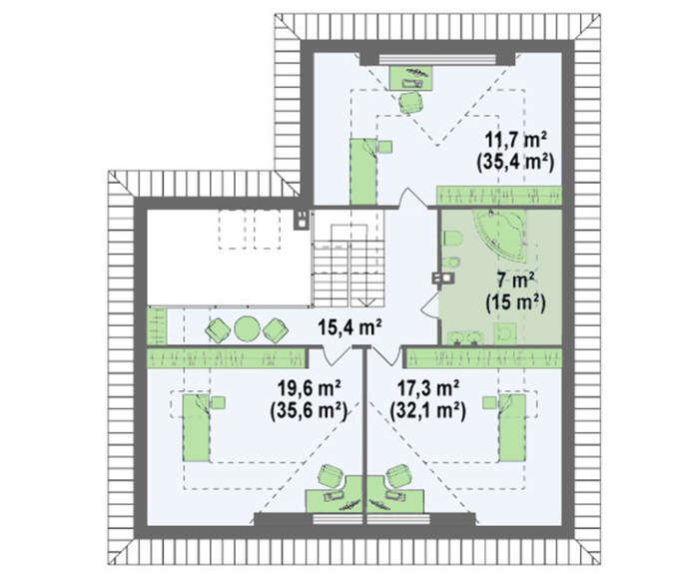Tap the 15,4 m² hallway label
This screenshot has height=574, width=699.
pos(349,327)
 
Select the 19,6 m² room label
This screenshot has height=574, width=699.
pos(309,388)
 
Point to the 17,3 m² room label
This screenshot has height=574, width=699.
pos(428,388)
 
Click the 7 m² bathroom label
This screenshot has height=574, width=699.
pos(515,282)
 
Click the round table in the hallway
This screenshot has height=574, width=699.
pos(247,328)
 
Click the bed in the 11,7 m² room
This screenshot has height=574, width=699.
pos(363,172)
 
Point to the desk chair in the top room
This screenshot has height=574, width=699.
pos(410,103)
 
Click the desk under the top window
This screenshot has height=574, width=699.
pos(411,78)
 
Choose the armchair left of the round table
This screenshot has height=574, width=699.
pos(218,330)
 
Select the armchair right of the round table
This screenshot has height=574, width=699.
pos(276,330)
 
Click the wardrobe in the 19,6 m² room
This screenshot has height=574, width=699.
pos(227,358)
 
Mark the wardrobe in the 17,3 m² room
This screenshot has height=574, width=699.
pos(483,358)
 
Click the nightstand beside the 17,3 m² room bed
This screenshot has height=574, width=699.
pos(489,402)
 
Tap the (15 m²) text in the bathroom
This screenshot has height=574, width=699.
pos(515,303)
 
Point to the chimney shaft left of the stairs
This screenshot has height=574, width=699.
pos(302,220)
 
